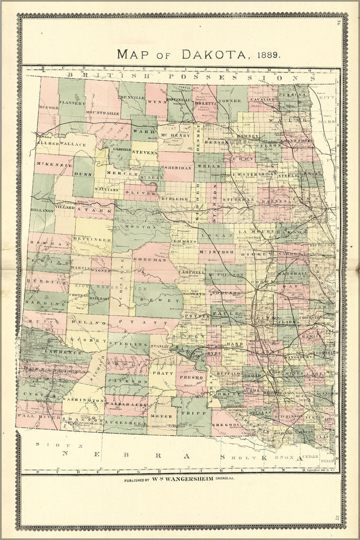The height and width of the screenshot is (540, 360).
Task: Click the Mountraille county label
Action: coord(103,113)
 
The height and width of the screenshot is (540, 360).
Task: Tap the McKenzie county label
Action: coord(54,163)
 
